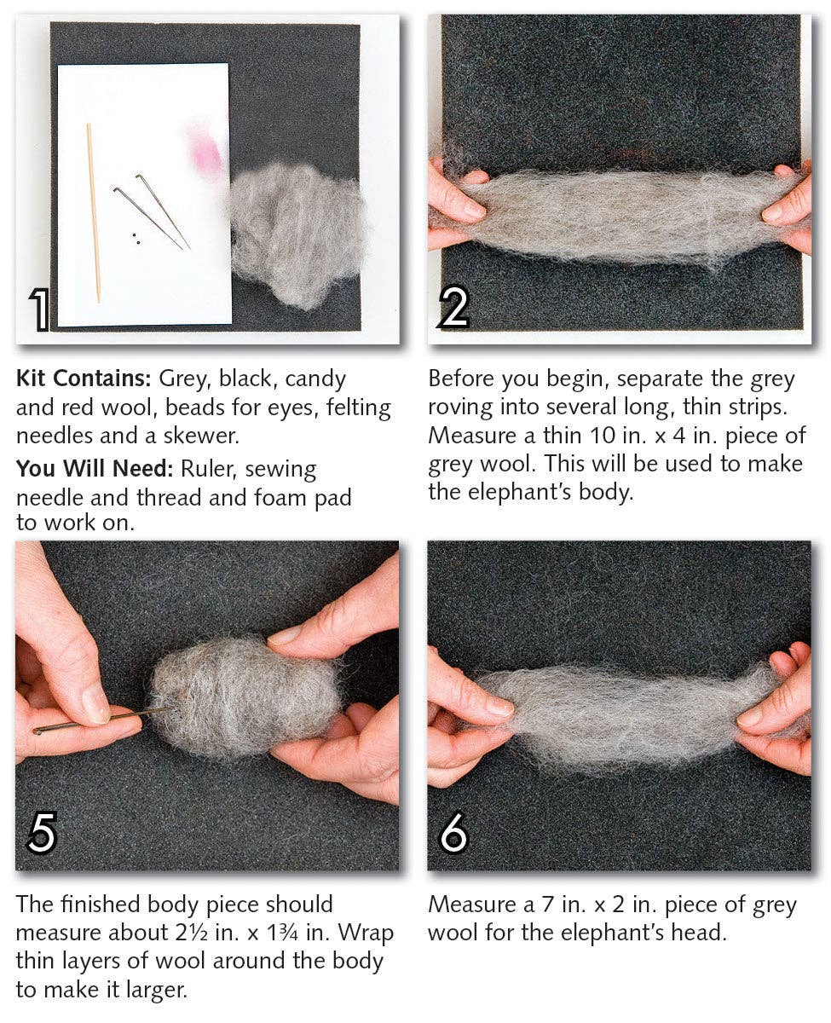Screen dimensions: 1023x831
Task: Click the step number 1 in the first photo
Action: point(39,309)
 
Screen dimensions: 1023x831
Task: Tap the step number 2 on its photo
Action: point(453,308)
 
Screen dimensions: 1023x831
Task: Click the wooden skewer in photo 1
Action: point(93,212)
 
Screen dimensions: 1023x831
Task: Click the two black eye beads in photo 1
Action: point(135,236)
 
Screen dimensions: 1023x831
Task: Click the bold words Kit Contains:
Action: point(83,379)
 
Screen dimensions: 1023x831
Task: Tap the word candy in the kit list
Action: point(315,379)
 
